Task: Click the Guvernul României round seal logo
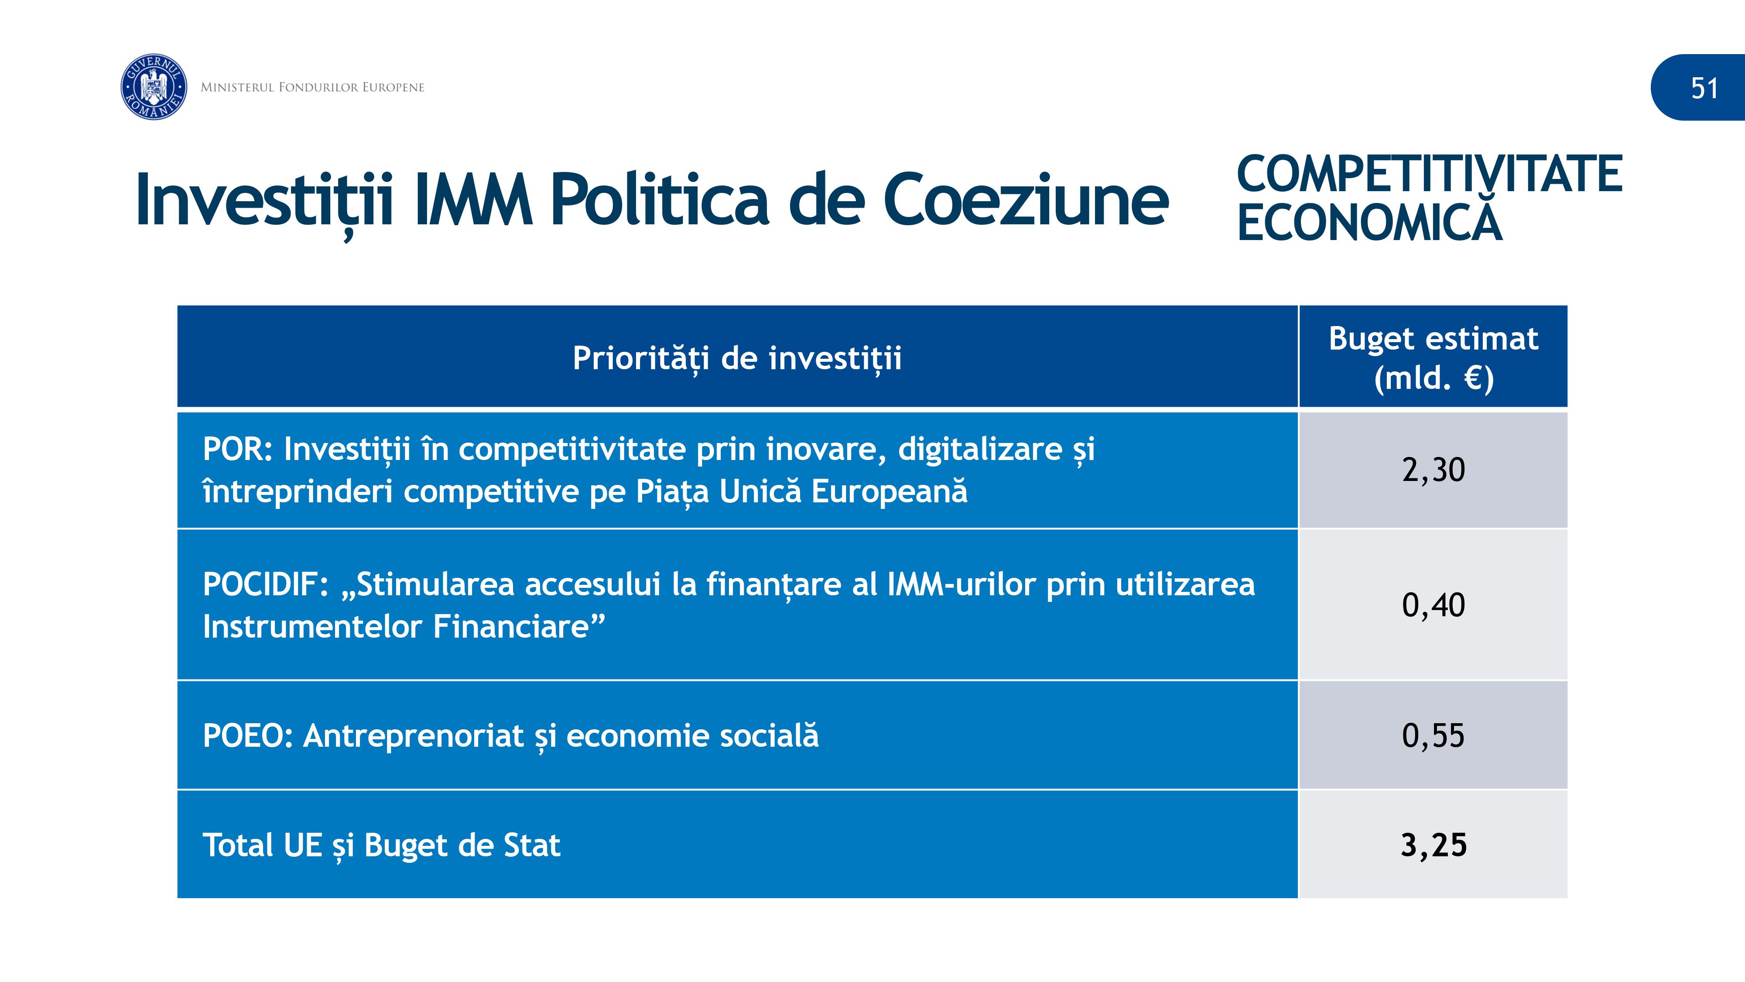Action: (x=154, y=87)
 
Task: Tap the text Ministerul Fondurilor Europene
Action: (x=312, y=87)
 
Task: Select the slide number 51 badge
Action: (x=1697, y=87)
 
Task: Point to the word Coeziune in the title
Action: (x=1026, y=200)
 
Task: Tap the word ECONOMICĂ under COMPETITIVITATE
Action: (x=1370, y=220)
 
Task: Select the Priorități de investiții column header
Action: (x=737, y=358)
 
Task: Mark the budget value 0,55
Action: (x=1434, y=736)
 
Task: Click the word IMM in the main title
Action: (x=473, y=200)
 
